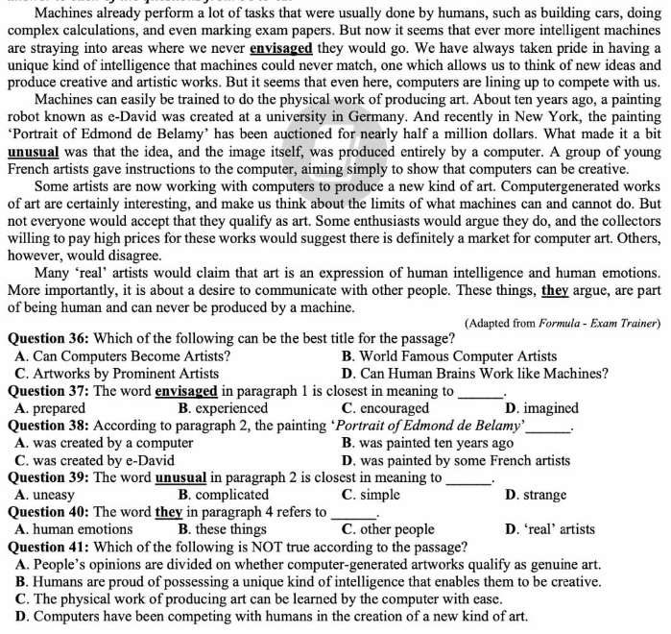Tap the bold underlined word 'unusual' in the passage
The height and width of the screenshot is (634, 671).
pyautogui.click(x=34, y=152)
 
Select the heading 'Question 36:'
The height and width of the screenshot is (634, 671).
pyautogui.click(x=48, y=339)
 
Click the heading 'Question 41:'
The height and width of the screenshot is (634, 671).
pyautogui.click(x=48, y=547)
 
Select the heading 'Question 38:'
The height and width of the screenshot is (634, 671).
pyautogui.click(x=48, y=426)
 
